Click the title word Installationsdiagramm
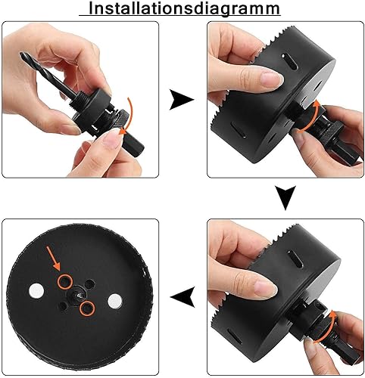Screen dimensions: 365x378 pyautogui.click(x=185, y=8)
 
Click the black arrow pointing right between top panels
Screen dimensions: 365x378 pyautogui.click(x=181, y=100)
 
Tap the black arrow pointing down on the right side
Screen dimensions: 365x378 pyautogui.click(x=285, y=197)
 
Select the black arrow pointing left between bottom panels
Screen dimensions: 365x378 pyautogui.click(x=182, y=296)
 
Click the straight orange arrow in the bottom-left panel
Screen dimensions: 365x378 pyautogui.click(x=53, y=258)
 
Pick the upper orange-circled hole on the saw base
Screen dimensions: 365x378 pyautogui.click(x=65, y=282)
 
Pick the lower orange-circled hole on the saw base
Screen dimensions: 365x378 pyautogui.click(x=87, y=308)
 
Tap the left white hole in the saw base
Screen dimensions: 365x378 pyautogui.click(x=36, y=290)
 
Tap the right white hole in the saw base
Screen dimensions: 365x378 pyautogui.click(x=115, y=301)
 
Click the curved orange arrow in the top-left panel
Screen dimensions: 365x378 pyautogui.click(x=127, y=116)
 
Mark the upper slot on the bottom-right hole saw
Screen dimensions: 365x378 pyautogui.click(x=295, y=259)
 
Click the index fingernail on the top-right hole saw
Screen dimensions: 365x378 pyautogui.click(x=271, y=79)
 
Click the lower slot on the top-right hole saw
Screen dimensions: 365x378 pyautogui.click(x=238, y=130)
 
